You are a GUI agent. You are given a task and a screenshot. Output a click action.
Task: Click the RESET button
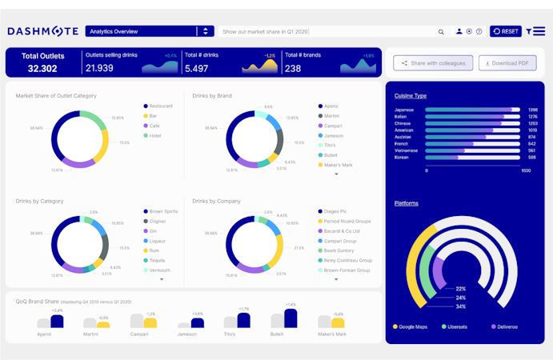pyautogui.click(x=506, y=31)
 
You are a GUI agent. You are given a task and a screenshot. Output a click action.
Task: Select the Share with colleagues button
pyautogui.click(x=433, y=63)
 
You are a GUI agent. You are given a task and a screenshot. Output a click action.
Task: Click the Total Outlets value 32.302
pyautogui.click(x=42, y=69)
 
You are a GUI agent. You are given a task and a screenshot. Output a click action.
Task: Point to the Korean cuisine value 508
pyautogui.click(x=532, y=158)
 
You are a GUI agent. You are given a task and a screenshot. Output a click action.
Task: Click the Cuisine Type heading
pyautogui.click(x=410, y=96)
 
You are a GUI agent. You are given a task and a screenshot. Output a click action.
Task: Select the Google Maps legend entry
pyautogui.click(x=411, y=326)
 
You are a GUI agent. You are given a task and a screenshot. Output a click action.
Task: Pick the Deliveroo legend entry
pyautogui.click(x=503, y=326)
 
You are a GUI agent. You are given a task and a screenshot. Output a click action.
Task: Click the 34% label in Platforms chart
pyautogui.click(x=461, y=306)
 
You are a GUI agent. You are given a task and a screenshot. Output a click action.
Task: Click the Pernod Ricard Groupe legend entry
pyautogui.click(x=347, y=221)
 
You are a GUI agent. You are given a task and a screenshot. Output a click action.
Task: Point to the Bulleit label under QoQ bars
pyautogui.click(x=277, y=334)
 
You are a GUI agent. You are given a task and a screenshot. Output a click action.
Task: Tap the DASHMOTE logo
pyautogui.click(x=42, y=31)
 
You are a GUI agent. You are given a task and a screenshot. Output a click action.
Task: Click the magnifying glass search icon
pyautogui.click(x=441, y=32)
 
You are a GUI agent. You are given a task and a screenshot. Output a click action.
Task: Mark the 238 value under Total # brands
pyautogui.click(x=293, y=69)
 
